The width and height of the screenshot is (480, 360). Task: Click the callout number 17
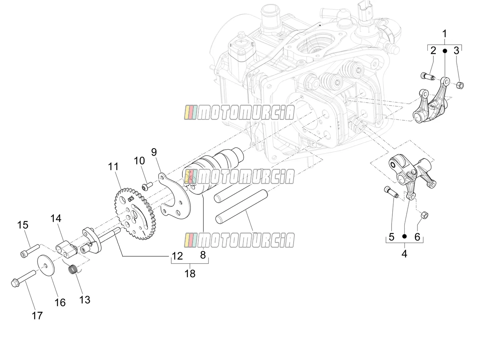coord(37,316)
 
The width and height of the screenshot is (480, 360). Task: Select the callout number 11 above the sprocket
coord(113,166)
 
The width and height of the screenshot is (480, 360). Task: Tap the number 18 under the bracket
coord(190,273)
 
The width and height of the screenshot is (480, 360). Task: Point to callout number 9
coord(154,152)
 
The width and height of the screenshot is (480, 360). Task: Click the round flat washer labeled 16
coord(46,266)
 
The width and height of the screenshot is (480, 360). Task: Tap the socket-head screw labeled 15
coord(30,250)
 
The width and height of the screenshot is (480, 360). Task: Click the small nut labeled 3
coord(459,85)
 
